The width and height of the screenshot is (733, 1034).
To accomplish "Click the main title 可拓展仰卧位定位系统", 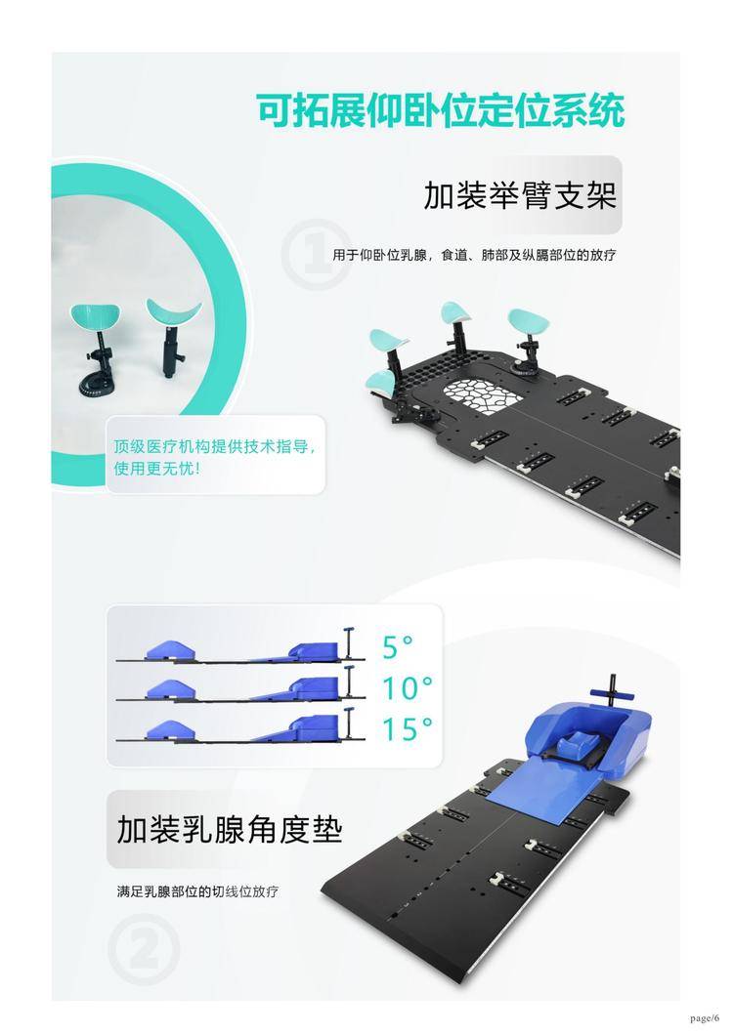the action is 441,110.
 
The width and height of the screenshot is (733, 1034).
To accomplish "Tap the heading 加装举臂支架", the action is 520,195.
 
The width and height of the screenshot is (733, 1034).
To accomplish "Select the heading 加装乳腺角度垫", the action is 230,829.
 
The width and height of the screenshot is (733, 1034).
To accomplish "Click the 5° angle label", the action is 398,647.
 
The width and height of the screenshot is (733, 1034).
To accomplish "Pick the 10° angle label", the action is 408,688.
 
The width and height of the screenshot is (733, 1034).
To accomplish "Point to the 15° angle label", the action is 408,729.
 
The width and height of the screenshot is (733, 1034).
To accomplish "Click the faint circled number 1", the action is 316,255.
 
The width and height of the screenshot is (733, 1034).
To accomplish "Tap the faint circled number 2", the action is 144,950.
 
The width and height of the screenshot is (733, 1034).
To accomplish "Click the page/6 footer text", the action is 705,1018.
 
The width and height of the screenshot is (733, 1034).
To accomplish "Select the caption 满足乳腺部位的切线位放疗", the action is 197,891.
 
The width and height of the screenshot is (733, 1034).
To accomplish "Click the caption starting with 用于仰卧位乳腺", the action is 474,255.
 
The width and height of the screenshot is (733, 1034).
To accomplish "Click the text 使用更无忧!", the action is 157,469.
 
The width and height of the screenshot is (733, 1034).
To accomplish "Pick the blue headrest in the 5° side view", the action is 170,649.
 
